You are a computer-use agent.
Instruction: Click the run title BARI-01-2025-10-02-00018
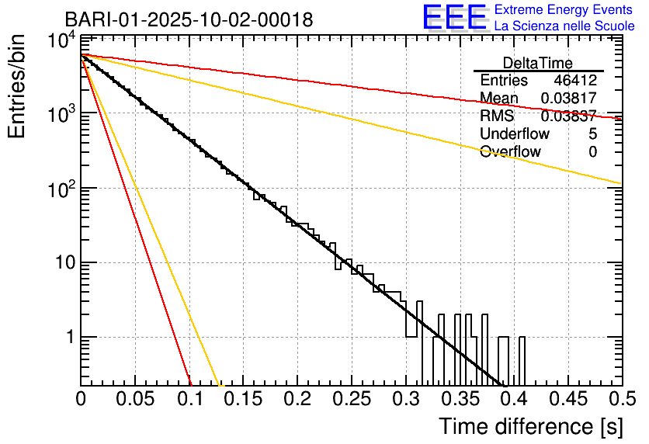click(189, 19)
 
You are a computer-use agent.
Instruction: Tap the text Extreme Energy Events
click(564, 10)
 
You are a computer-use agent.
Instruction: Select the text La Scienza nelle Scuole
click(564, 26)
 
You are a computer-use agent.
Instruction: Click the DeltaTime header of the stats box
click(538, 63)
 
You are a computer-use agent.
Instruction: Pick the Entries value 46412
click(575, 81)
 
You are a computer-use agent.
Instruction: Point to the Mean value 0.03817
click(568, 99)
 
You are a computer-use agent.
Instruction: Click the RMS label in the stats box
click(497, 116)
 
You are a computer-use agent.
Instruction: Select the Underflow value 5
click(592, 134)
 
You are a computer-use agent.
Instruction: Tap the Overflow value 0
click(592, 152)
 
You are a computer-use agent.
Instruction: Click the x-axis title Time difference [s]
click(529, 426)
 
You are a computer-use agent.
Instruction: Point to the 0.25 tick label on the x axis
click(351, 400)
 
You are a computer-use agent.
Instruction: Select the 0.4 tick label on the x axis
click(513, 400)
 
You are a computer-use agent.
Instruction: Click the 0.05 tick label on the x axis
click(135, 400)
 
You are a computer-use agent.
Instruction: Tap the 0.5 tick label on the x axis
click(621, 400)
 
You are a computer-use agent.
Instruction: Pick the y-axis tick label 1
click(68, 338)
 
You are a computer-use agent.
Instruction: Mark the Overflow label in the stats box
click(510, 152)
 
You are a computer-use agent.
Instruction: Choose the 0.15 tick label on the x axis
click(243, 400)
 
